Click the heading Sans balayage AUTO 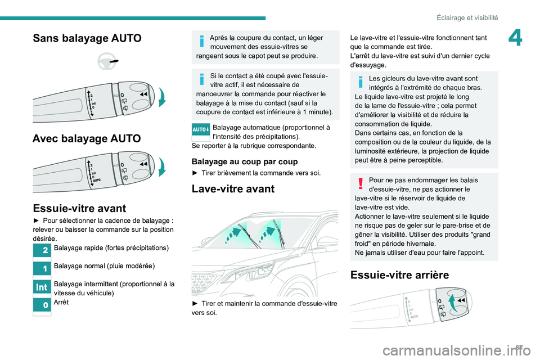87,38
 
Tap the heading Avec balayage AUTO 87,138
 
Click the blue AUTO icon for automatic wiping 201,129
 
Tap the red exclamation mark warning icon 361,181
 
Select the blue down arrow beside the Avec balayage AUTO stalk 163,168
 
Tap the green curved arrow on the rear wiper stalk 453,307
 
